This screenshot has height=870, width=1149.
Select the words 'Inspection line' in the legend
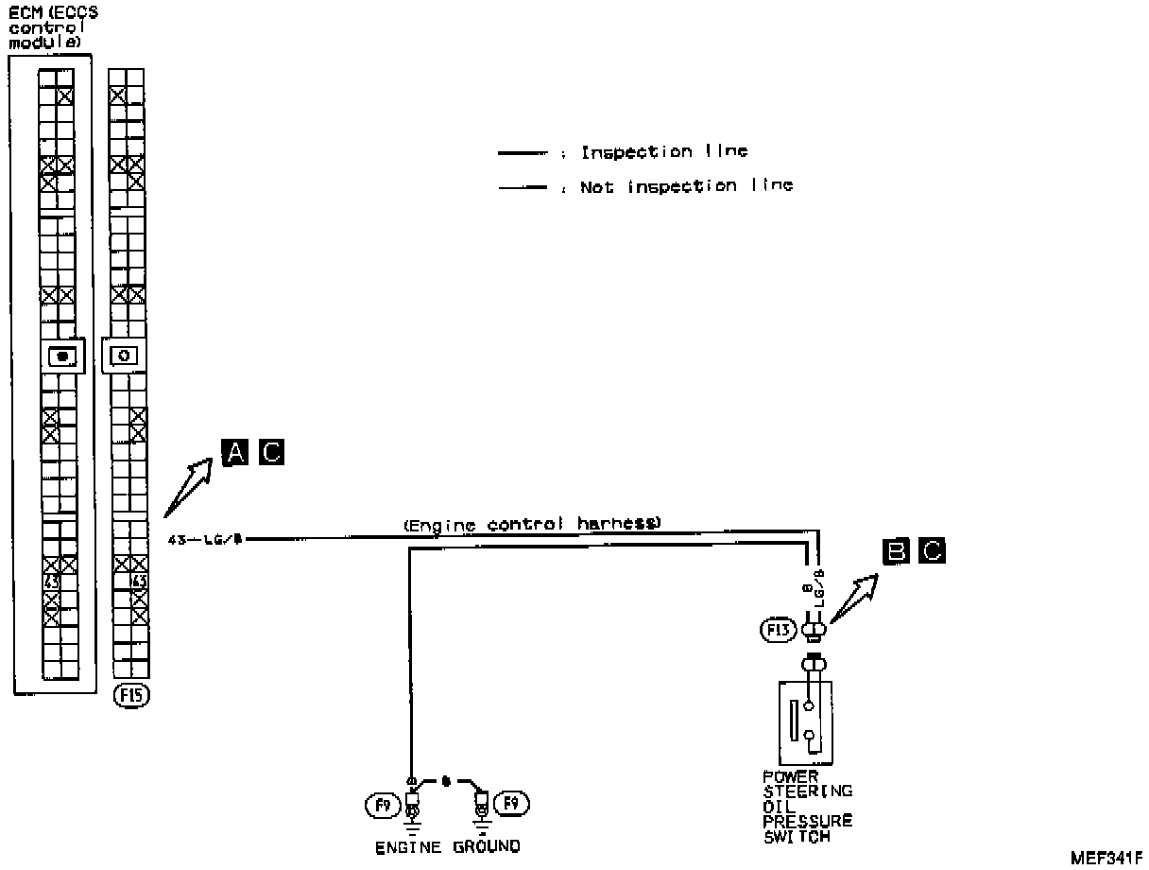663,151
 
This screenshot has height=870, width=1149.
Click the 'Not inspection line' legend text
686,186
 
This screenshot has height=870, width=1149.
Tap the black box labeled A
234,453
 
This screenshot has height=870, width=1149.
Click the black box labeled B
895,550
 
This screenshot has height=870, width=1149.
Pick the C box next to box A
270,453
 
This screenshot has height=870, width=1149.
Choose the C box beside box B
931,550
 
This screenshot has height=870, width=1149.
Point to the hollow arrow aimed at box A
189,483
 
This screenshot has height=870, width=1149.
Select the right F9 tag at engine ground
513,804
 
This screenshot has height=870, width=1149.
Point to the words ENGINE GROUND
447,845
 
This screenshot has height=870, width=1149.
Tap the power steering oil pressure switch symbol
805,722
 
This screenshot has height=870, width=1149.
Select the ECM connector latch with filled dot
63,357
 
